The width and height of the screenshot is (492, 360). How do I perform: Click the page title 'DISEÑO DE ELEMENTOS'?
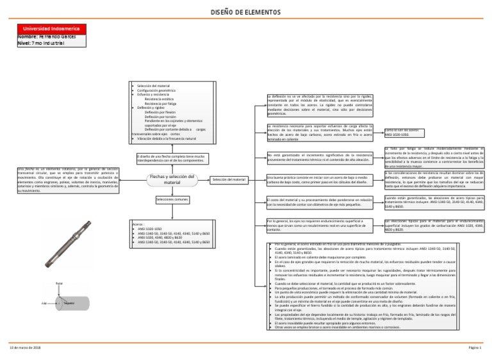(246, 12)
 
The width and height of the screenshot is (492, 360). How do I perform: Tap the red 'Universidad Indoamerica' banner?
(49, 29)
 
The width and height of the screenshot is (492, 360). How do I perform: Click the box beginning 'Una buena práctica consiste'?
(318, 179)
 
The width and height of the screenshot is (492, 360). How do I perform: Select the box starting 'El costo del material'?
(318, 202)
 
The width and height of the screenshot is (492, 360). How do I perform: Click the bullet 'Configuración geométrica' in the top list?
(158, 90)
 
